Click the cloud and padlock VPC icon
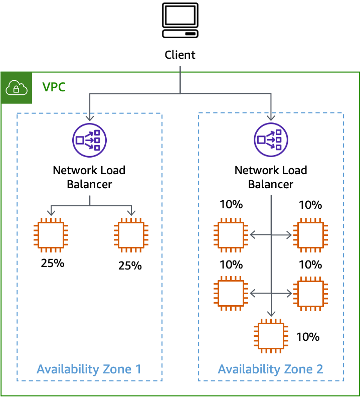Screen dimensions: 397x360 point(17,88)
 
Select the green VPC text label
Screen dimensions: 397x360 point(54,87)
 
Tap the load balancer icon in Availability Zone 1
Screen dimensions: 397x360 point(89,140)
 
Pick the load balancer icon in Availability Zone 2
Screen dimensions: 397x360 point(271,140)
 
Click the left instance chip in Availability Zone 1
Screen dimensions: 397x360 point(51,235)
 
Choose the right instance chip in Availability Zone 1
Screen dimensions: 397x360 point(131,235)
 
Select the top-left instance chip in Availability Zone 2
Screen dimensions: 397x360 point(231,235)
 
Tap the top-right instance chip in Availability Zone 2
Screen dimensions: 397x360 point(310,235)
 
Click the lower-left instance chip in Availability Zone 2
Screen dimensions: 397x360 point(231,293)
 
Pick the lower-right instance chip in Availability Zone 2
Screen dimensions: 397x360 point(310,293)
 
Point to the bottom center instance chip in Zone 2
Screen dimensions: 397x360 point(271,335)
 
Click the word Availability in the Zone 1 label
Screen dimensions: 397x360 point(68,369)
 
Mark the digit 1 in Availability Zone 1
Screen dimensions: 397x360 point(138,369)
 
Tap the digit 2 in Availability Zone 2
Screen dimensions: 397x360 point(319,369)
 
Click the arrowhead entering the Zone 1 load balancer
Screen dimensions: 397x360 point(90,118)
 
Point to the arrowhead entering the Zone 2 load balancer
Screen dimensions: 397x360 point(271,118)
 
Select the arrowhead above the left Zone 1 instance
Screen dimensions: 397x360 point(51,213)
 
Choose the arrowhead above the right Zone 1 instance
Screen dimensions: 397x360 point(131,213)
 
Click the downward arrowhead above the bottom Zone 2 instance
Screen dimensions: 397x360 point(271,314)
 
